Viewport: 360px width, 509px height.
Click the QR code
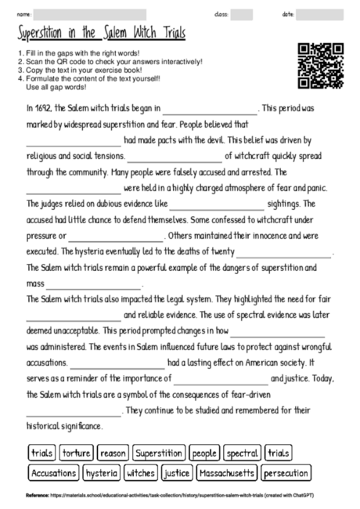pyautogui.click(x=321, y=66)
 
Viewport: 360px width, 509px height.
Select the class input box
pyautogui.click(x=241, y=14)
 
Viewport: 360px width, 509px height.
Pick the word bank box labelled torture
pyautogui.click(x=76, y=453)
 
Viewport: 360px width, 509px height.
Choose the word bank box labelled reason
pyautogui.click(x=113, y=453)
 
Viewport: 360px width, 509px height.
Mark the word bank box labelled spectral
pyautogui.click(x=242, y=453)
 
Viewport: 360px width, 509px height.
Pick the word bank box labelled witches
pyautogui.click(x=141, y=473)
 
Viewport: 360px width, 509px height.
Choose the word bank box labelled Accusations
pyautogui.click(x=53, y=473)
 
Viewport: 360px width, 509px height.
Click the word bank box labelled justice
pyautogui.click(x=178, y=473)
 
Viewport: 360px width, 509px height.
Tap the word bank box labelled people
pyautogui.click(x=203, y=453)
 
